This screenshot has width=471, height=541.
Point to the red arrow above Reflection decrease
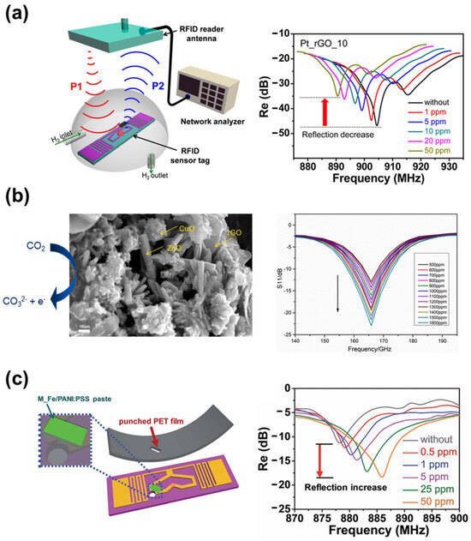[x=325, y=111]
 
